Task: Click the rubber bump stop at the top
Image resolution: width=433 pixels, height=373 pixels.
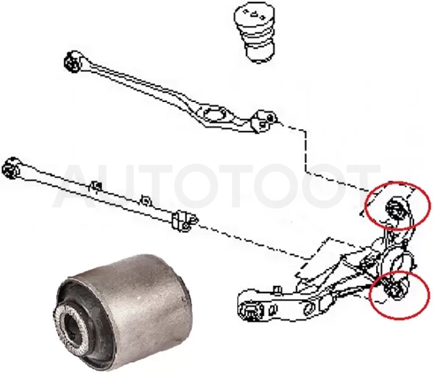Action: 253,35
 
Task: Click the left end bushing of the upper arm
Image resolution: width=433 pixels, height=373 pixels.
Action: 73,62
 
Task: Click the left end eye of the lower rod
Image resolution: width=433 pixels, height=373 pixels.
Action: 11,168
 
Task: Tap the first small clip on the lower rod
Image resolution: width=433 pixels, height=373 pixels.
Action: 95,186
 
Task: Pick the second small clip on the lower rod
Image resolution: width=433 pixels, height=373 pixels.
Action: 145,200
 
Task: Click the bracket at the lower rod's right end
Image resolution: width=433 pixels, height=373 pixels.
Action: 184,220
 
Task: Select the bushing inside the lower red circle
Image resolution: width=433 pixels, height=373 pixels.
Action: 394,290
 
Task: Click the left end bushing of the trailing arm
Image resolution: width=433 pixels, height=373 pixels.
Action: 251,311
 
